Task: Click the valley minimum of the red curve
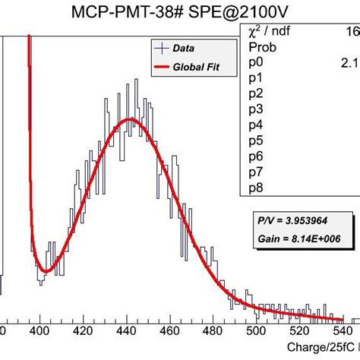(x=45, y=271)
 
